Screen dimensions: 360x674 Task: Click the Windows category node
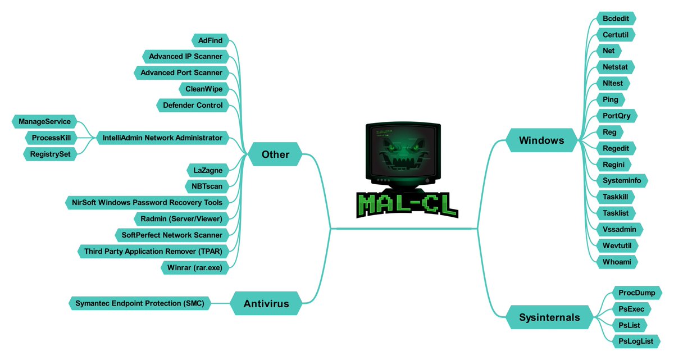[x=541, y=140]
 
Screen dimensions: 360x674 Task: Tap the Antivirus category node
[x=266, y=304]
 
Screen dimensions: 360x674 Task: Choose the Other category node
[x=275, y=154]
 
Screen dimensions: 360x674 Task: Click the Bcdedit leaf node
[x=616, y=18]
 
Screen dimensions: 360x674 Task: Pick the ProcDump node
[x=636, y=293]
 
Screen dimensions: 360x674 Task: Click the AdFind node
[x=210, y=40]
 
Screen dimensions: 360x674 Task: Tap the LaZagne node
[x=207, y=170]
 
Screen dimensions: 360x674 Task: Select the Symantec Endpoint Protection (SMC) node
[x=140, y=303]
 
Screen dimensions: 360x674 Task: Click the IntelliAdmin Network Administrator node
[x=162, y=138]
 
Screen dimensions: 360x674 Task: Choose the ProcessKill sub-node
[x=51, y=138]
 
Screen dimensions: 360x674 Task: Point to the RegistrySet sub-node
[x=49, y=154]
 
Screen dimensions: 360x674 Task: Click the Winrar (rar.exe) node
[x=194, y=267]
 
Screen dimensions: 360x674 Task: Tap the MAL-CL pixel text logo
[x=407, y=206]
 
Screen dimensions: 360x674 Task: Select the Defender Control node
[x=193, y=105]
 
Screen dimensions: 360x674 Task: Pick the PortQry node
[x=620, y=116]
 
